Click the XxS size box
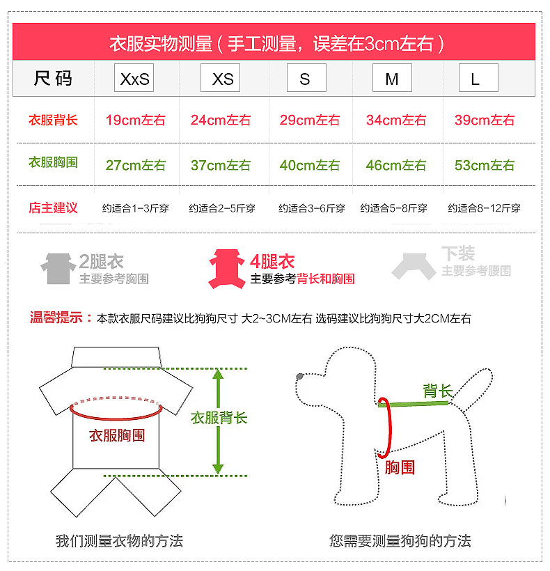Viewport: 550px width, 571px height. pos(134,77)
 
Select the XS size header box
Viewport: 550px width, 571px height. pos(220,77)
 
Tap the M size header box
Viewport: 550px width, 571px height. pos(392,77)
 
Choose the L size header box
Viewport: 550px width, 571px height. pos(478,77)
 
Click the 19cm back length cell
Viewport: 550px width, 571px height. pos(135,120)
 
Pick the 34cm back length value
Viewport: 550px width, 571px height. pos(396,120)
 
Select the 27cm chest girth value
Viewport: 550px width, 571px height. pos(135,165)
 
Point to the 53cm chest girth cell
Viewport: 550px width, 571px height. pos(485,165)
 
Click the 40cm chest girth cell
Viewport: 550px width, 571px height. pos(309,165)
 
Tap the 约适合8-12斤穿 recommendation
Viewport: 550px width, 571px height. pos(484,208)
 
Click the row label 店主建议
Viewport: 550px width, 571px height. pos(53,208)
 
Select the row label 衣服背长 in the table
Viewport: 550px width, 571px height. pos(53,120)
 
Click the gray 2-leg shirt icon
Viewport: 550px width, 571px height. pos(58,269)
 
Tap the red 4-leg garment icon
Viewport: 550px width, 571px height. pos(226,269)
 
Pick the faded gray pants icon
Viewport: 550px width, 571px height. pos(414,266)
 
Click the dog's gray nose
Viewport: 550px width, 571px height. pos(299,376)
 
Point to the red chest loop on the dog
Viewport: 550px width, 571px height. pos(390,427)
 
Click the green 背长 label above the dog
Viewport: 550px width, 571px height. pos(438,391)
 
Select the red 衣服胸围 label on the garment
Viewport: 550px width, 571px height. pos(117,435)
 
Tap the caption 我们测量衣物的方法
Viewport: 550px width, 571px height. pos(119,541)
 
